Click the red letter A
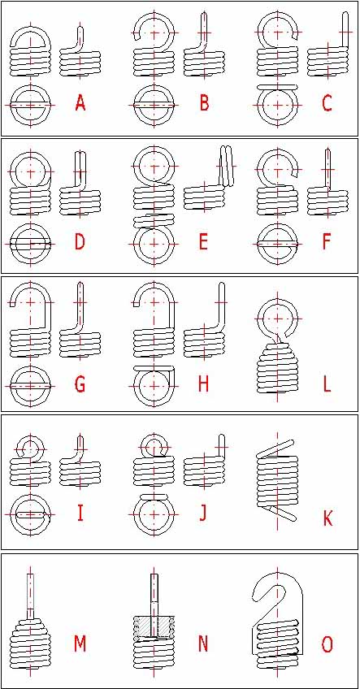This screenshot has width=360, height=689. tap(80, 104)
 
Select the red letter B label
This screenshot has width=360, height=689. tap(204, 104)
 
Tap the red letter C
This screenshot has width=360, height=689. tap(327, 104)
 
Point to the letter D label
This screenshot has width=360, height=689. tap(80, 242)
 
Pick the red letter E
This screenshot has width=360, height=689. tap(203, 242)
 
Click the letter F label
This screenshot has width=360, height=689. tap(327, 242)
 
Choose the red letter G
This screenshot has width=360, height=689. tap(80, 385)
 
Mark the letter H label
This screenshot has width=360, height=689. tap(203, 385)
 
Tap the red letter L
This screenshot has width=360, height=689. tap(327, 385)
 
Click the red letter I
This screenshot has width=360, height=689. tap(80, 513)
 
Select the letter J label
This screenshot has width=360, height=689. tap(203, 513)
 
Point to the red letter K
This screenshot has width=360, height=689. tap(327, 518)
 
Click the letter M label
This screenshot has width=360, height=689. tap(80, 644)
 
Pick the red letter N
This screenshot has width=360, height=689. tap(203, 644)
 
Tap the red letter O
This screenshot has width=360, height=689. tap(327, 644)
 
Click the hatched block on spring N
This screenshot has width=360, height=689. tap(154, 626)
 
